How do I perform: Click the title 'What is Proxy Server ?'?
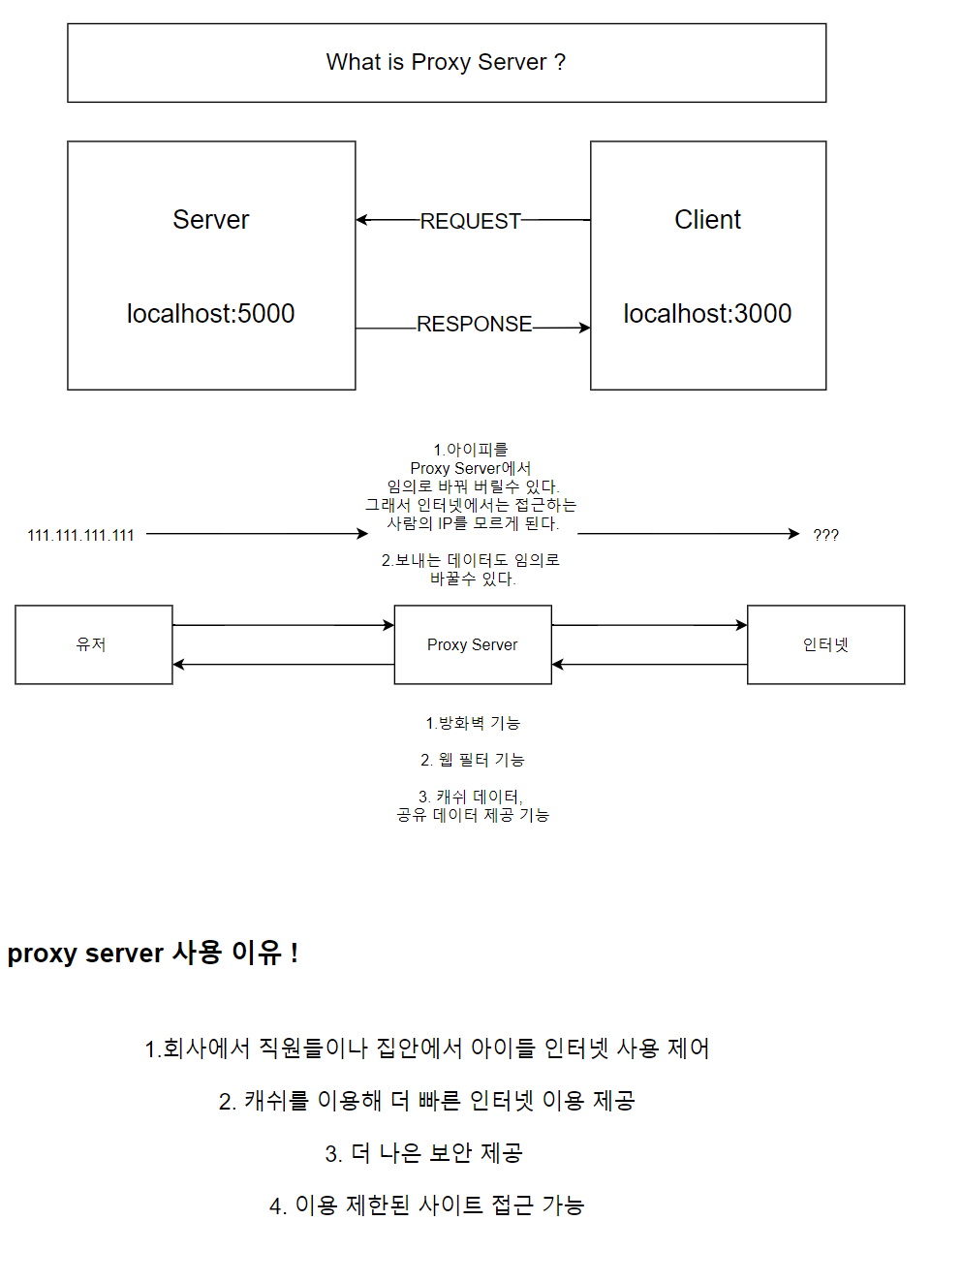[446, 62]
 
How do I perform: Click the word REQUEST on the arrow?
[470, 221]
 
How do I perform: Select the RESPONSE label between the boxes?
[474, 324]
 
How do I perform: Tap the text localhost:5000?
[210, 313]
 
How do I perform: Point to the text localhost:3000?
[707, 313]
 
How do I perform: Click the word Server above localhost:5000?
[210, 220]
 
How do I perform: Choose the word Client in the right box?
[707, 220]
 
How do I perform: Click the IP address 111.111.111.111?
[80, 535]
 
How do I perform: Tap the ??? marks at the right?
[825, 535]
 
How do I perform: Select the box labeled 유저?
[93, 644]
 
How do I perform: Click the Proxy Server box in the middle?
[473, 644]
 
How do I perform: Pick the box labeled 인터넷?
[825, 644]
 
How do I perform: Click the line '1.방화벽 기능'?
[473, 723]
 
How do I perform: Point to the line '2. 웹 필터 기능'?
[473, 760]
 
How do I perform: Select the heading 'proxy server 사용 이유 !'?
[152, 953]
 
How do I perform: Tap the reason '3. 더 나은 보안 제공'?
[423, 1153]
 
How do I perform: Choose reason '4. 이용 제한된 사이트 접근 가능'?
[426, 1205]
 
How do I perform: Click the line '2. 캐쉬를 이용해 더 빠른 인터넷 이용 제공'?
[426, 1101]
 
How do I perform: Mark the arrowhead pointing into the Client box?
[584, 328]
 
